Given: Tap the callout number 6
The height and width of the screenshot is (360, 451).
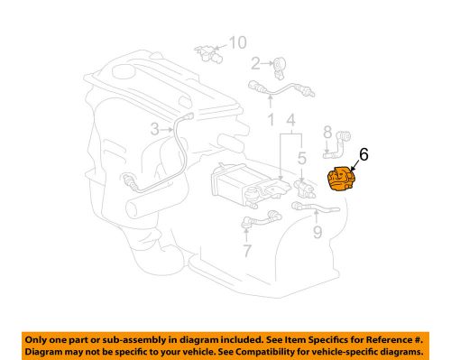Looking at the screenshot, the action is [363, 155].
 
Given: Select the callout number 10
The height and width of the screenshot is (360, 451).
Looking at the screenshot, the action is [237, 42].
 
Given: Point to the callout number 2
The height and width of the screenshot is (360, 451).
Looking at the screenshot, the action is [255, 62].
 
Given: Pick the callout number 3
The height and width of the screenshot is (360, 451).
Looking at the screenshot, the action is [154, 129].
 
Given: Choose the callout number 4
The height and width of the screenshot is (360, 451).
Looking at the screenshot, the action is [290, 118].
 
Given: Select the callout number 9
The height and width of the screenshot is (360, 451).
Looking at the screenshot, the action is [317, 236].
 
